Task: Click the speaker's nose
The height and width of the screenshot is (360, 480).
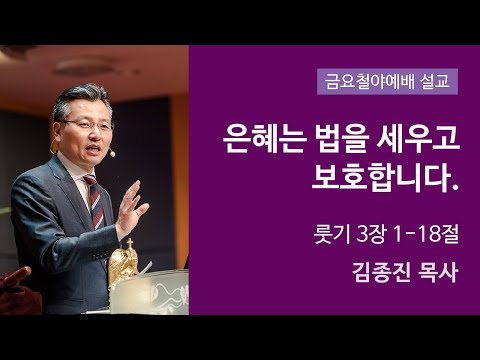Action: tap(99, 132)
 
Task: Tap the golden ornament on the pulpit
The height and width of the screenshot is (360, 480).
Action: tap(124, 262)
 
